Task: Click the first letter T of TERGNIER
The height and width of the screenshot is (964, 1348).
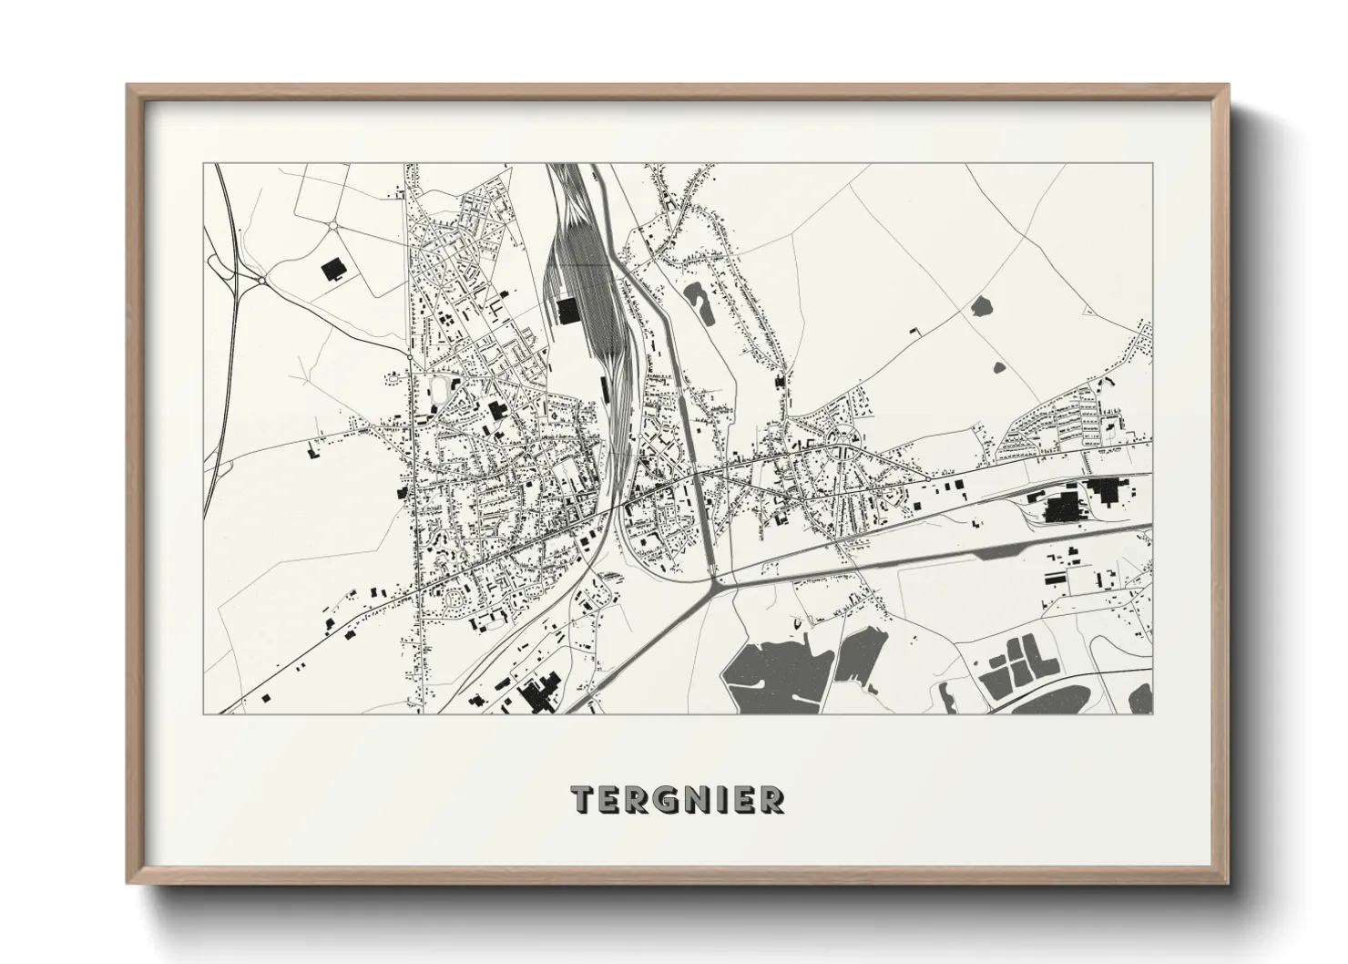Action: pyautogui.click(x=582, y=800)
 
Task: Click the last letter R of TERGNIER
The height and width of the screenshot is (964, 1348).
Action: pyautogui.click(x=772, y=800)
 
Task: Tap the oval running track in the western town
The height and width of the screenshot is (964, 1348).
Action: pyautogui.click(x=444, y=390)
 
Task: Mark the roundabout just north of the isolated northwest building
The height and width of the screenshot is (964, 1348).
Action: pyautogui.click(x=333, y=224)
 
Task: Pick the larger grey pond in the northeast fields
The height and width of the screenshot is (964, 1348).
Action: pyautogui.click(x=982, y=307)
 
